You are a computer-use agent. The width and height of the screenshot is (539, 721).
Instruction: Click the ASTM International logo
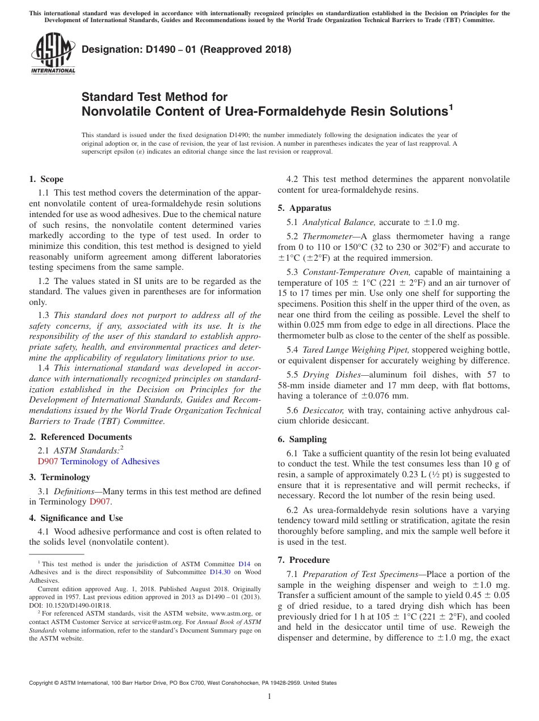pos(52,54)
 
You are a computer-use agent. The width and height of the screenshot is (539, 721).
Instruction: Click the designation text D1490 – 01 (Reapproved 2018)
pos(187,49)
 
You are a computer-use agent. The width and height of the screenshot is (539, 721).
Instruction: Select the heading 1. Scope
pos(46,179)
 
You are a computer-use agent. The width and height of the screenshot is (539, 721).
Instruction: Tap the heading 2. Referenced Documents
pos(80,437)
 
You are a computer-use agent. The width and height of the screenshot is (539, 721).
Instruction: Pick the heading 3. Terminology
pos(59,477)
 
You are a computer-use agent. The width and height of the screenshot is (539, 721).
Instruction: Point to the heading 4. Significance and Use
pos(75,518)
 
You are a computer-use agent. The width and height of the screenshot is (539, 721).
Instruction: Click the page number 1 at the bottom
pos(269,697)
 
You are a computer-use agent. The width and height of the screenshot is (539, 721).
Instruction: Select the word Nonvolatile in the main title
pos(115,112)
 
